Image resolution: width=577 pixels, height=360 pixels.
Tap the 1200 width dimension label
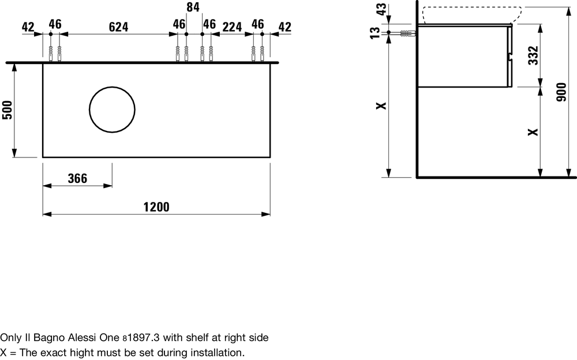(156, 207)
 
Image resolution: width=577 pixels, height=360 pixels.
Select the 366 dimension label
(78, 178)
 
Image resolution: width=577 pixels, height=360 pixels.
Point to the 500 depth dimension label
(8, 110)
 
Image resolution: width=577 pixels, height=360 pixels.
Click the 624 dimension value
(118, 27)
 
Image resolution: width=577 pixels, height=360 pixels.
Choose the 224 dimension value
(232, 27)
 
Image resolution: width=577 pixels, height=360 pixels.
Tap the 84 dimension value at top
(193, 7)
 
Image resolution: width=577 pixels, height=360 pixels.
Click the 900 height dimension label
(561, 92)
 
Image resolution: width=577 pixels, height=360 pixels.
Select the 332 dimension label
(533, 55)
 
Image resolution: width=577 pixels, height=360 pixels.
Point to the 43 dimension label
(381, 9)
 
